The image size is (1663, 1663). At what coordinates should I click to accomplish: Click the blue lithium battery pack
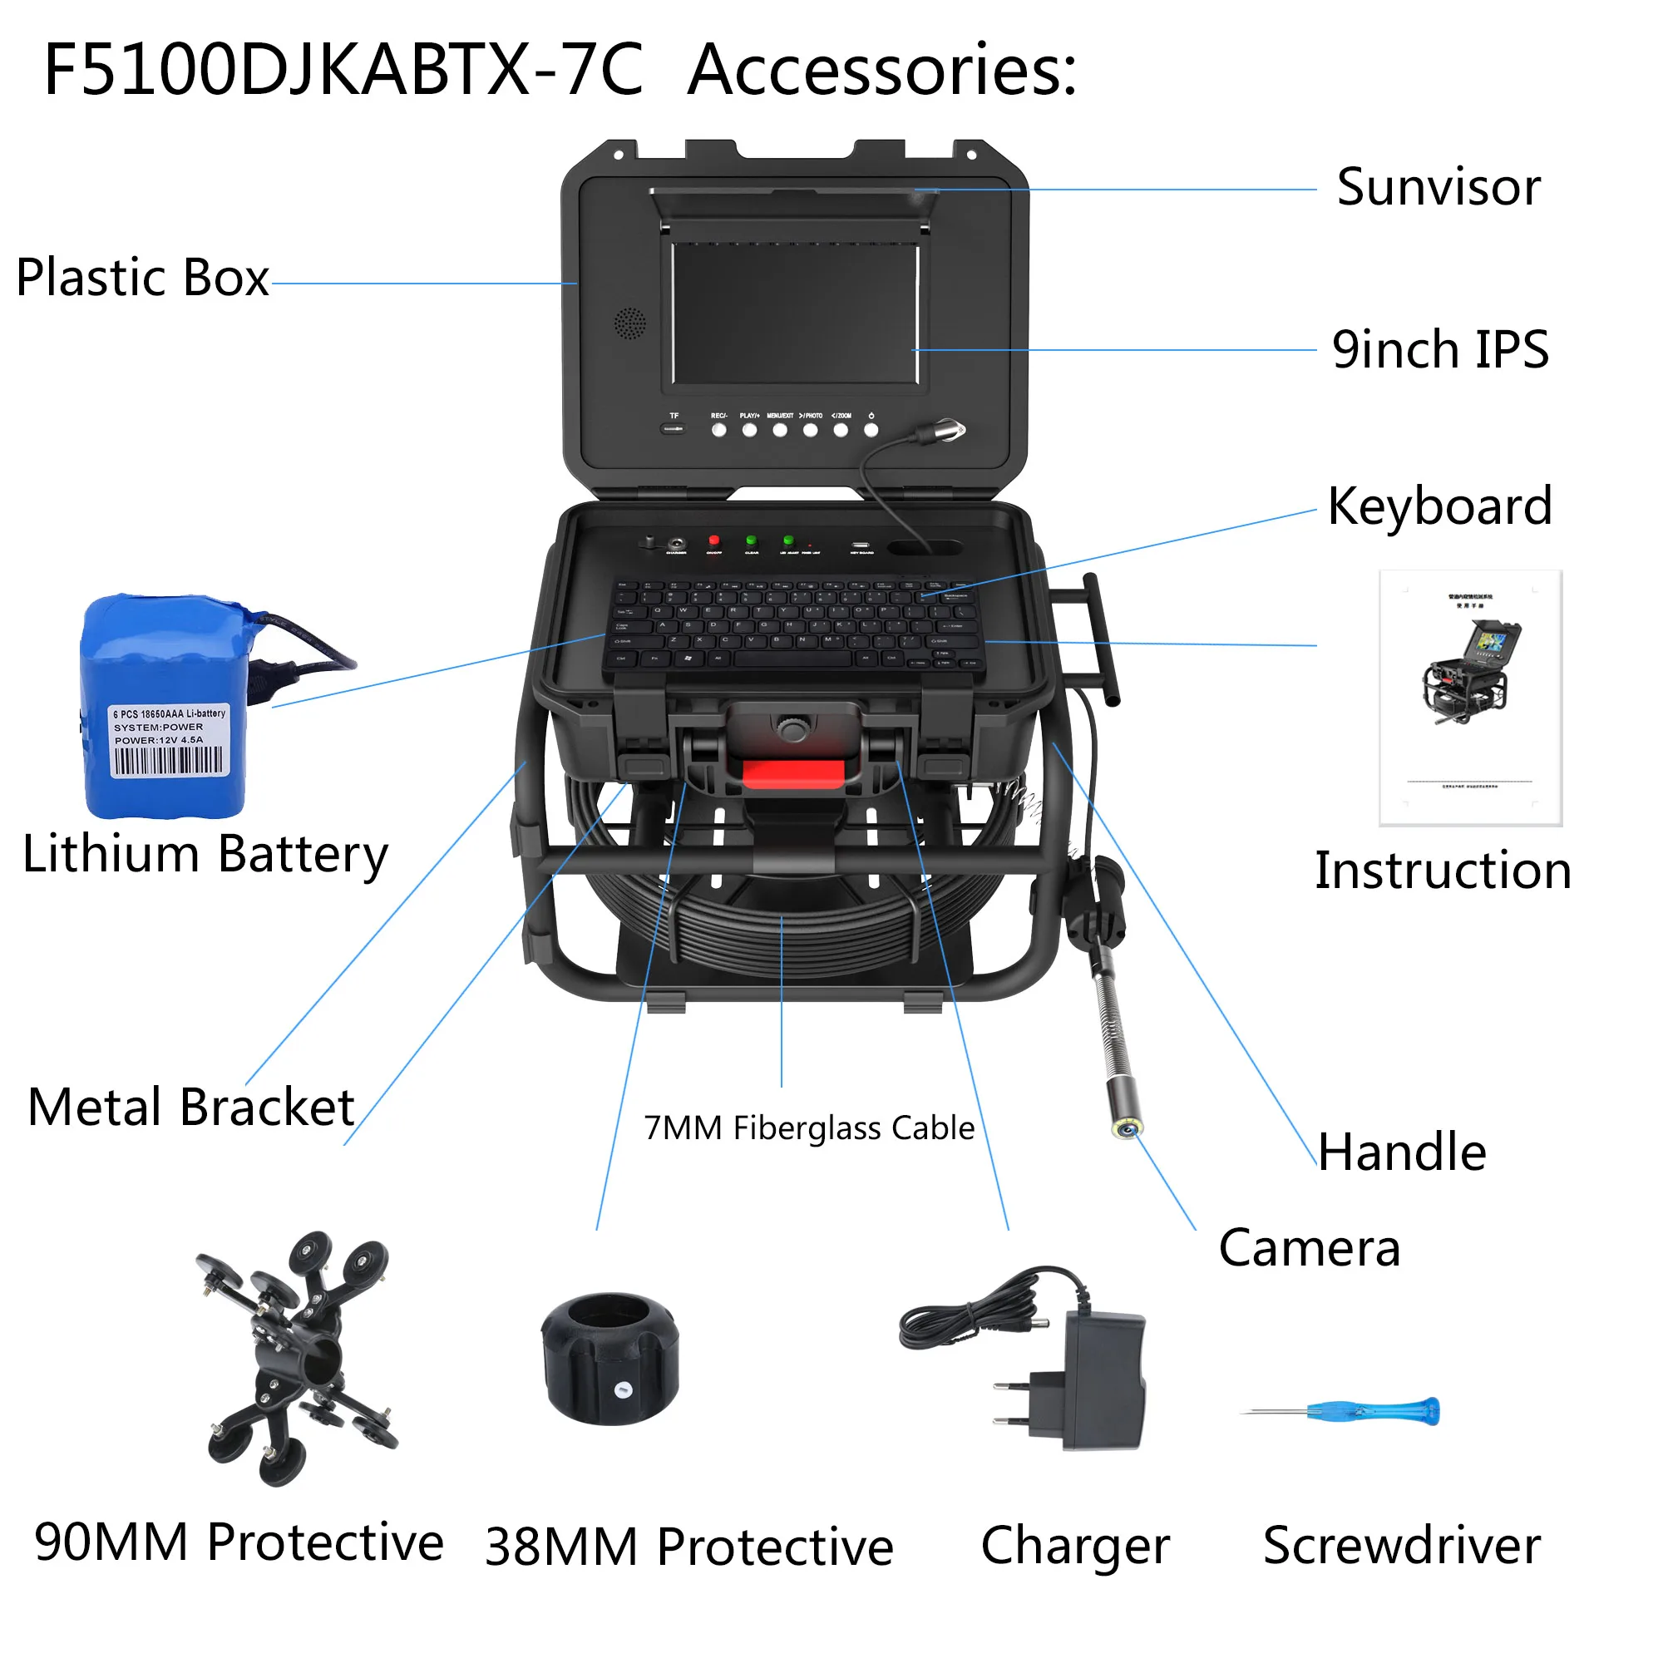click(x=164, y=706)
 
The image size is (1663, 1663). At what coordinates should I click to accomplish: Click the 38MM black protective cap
click(x=610, y=1360)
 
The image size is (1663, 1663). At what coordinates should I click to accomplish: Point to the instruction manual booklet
click(x=1470, y=698)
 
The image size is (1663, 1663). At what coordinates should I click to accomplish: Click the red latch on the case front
click(x=792, y=773)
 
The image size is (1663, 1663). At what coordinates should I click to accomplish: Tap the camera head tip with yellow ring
click(x=1126, y=1128)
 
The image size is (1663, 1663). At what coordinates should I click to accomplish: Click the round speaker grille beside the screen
click(x=629, y=323)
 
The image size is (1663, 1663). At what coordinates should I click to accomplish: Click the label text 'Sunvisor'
click(x=1438, y=188)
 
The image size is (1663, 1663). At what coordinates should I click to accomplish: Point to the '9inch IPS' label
click(x=1440, y=349)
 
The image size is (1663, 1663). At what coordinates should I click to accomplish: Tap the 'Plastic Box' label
click(x=143, y=278)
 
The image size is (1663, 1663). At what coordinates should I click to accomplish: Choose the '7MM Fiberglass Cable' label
click(x=809, y=1128)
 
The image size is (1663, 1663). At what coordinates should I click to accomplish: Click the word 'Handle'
click(x=1402, y=1152)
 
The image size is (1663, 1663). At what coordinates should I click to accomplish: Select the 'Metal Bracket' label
click(x=191, y=1107)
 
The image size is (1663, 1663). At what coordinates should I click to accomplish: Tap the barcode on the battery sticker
click(x=168, y=761)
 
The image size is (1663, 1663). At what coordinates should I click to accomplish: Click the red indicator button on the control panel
click(x=713, y=540)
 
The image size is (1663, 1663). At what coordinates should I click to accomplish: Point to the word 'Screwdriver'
click(x=1401, y=1546)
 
